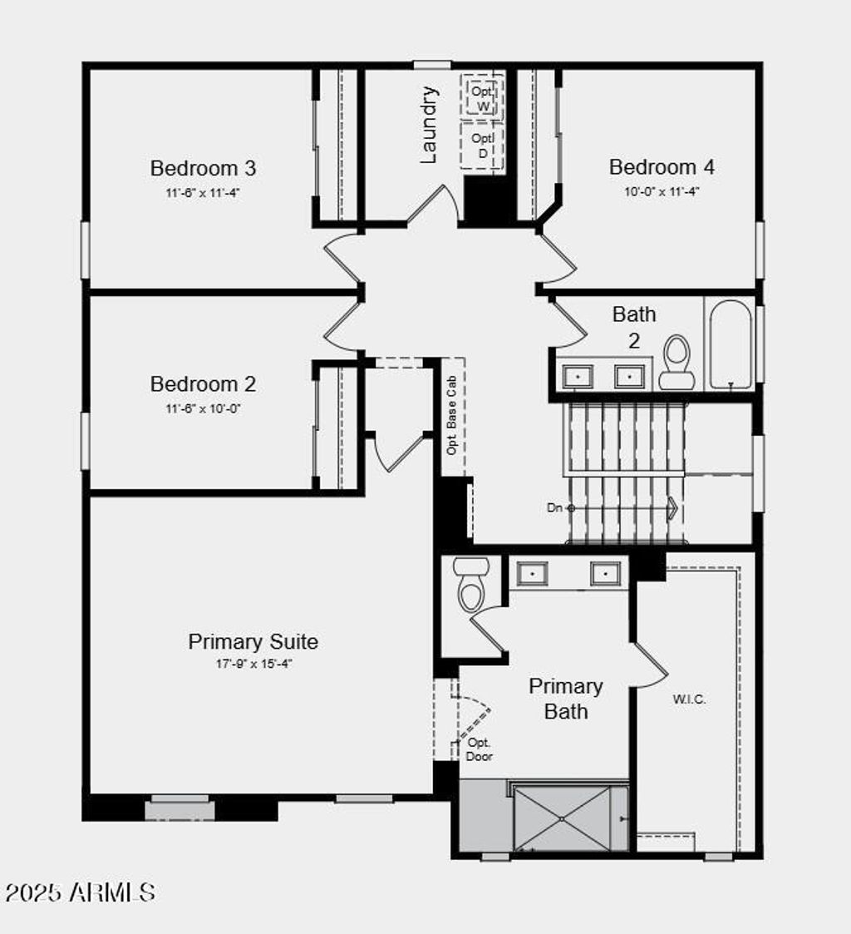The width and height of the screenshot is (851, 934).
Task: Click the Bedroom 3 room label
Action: pyautogui.click(x=203, y=168)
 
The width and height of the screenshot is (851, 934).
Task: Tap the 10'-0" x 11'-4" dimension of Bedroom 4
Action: pyautogui.click(x=662, y=192)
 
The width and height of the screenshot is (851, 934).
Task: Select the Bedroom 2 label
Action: pyautogui.click(x=203, y=384)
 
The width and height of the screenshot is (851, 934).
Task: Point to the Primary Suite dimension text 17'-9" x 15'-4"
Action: pyautogui.click(x=253, y=664)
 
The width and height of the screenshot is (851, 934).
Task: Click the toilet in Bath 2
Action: pyautogui.click(x=676, y=363)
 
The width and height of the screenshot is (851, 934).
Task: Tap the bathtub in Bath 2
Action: pyautogui.click(x=730, y=344)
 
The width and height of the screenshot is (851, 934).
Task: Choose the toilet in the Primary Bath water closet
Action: pyautogui.click(x=471, y=585)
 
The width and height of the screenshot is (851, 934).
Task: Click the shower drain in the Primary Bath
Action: pyautogui.click(x=562, y=818)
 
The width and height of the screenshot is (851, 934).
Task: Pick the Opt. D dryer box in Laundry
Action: pyautogui.click(x=482, y=146)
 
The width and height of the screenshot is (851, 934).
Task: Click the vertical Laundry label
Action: pyautogui.click(x=429, y=125)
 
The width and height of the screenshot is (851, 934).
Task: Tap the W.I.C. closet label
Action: pyautogui.click(x=689, y=699)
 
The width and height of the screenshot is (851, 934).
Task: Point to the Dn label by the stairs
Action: pyautogui.click(x=554, y=508)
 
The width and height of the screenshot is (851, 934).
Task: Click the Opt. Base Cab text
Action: pyautogui.click(x=452, y=415)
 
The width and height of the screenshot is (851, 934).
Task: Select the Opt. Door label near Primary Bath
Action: pyautogui.click(x=479, y=749)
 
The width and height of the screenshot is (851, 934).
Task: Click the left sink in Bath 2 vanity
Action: pyautogui.click(x=578, y=377)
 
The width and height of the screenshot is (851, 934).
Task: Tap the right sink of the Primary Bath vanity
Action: pyautogui.click(x=606, y=574)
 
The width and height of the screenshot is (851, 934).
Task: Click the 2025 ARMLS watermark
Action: pyautogui.click(x=81, y=892)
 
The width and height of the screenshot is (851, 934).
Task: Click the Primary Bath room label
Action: pyautogui.click(x=565, y=699)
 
